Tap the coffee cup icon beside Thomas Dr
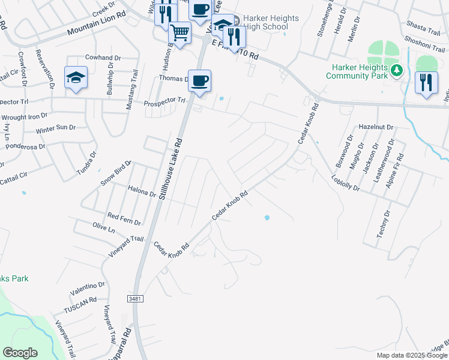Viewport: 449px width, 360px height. pyautogui.click(x=199, y=80)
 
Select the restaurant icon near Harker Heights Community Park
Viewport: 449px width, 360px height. pyautogui.click(x=426, y=82)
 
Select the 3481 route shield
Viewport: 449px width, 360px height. pyautogui.click(x=136, y=298)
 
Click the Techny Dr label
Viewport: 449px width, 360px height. pyautogui.click(x=383, y=224)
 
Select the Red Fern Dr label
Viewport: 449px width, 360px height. pyautogui.click(x=124, y=218)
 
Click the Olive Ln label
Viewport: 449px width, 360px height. pyautogui.click(x=104, y=228)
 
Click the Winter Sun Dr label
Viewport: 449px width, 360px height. pyautogui.click(x=55, y=128)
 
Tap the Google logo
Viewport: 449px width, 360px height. pyautogui.click(x=20, y=353)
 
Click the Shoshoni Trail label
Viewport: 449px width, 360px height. pyautogui.click(x=424, y=39)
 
